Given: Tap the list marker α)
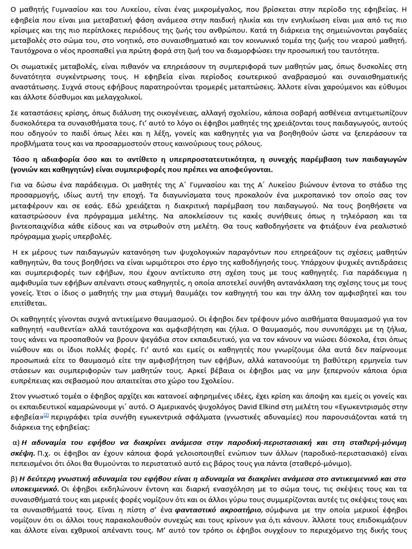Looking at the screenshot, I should click(16, 442).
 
